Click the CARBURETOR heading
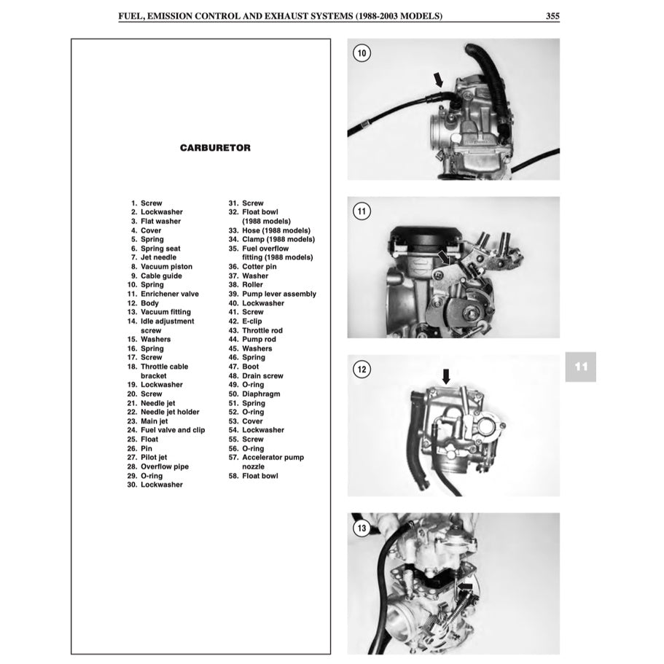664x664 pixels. click(215, 147)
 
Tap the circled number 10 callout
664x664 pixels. click(362, 52)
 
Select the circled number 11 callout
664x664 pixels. click(362, 211)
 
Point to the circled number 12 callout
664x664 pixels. click(362, 370)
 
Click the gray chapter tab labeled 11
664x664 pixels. click(580, 367)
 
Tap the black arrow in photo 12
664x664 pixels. click(447, 376)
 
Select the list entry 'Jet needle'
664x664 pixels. click(158, 257)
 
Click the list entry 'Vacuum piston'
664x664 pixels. click(166, 267)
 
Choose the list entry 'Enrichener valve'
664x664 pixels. click(169, 294)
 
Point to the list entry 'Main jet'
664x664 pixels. click(154, 421)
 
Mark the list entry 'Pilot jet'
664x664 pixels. click(154, 457)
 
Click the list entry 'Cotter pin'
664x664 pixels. click(259, 267)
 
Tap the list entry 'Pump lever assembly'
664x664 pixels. click(279, 294)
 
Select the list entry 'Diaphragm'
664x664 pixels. click(261, 394)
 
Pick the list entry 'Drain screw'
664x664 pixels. click(262, 376)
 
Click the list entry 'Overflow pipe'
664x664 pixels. click(164, 466)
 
